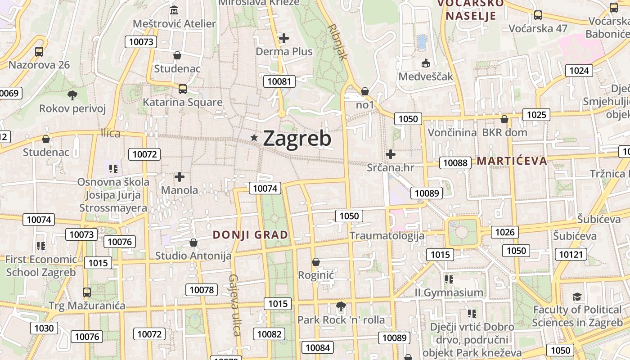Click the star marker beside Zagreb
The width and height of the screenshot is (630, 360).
coord(254,138)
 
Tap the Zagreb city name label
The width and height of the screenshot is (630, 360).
coord(297,139)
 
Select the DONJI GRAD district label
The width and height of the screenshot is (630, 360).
coord(250,235)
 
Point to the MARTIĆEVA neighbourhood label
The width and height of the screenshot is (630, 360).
coord(512,161)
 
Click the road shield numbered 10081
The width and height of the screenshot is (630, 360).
coord(279,81)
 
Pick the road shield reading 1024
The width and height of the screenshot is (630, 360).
coord(579,70)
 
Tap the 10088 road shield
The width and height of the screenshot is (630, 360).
coord(455,163)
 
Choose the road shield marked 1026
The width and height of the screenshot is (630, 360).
coord(504,232)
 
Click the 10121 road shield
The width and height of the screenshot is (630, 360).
coord(571,254)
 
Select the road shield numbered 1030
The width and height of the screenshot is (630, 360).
coord(44,328)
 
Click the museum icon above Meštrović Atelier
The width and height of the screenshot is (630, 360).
coord(174,10)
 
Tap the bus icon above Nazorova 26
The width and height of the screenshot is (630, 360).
coord(39,52)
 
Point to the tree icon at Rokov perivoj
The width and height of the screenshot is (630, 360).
coord(72,95)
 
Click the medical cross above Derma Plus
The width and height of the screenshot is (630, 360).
coord(284,38)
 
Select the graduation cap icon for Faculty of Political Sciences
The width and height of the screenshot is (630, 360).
coord(577,297)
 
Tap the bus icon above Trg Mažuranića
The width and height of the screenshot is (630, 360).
coord(87,292)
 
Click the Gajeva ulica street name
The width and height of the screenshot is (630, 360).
coord(235,305)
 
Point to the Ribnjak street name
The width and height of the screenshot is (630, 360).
coord(338,42)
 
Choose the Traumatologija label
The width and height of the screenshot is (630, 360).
coord(387,236)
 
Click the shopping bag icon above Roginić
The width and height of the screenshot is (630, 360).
coord(316,262)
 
